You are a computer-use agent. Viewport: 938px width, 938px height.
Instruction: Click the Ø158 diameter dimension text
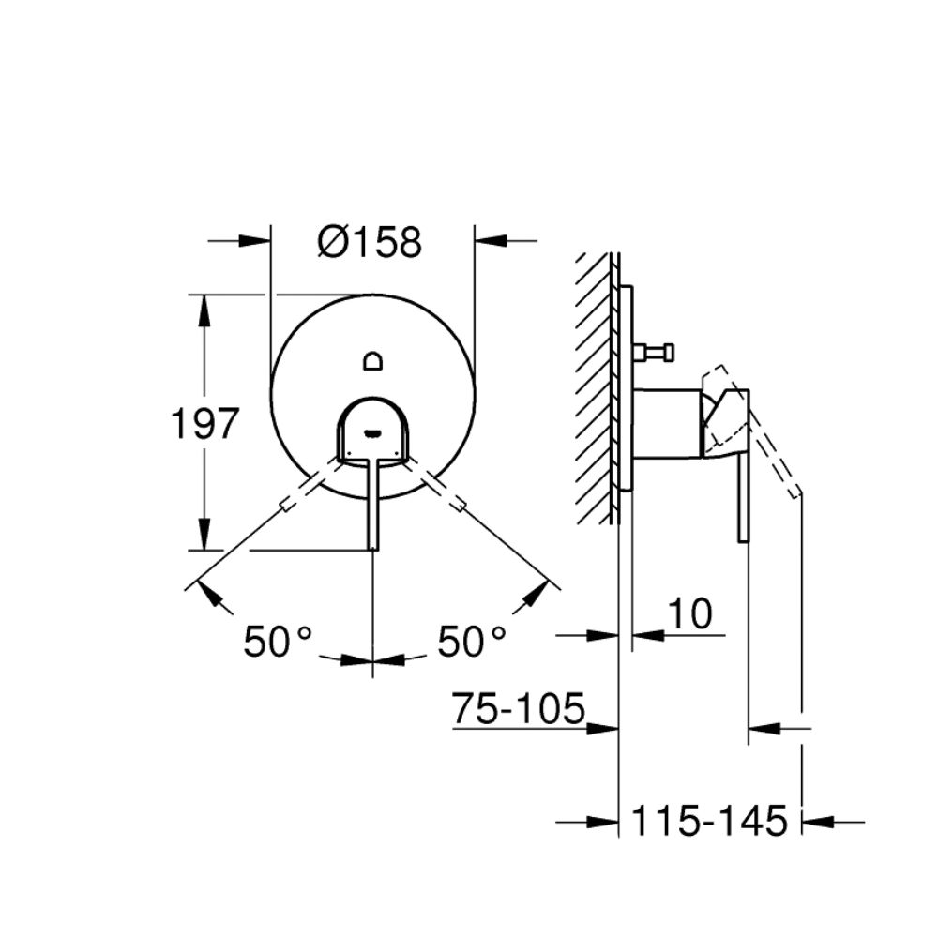[x=370, y=242]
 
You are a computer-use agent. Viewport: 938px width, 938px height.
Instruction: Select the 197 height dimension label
[x=204, y=424]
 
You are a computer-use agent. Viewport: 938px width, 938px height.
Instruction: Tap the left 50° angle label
[x=278, y=642]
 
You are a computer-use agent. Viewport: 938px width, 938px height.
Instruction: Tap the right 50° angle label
[x=472, y=642]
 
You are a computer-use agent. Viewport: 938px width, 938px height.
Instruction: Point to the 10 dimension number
[x=689, y=613]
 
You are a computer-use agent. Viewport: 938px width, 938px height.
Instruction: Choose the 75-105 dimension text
[x=518, y=708]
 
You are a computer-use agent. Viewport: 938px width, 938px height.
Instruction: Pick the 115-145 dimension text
[x=709, y=821]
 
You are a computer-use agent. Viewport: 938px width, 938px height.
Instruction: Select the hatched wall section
[x=595, y=389]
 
